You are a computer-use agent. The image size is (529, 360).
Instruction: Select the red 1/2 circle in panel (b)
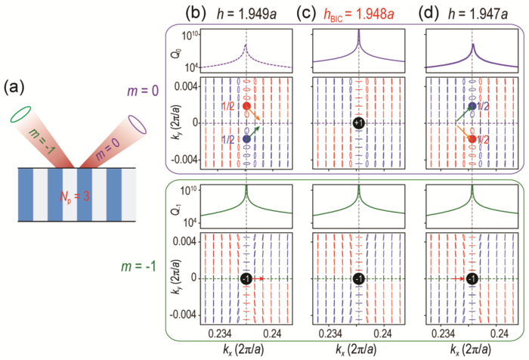click(247, 107)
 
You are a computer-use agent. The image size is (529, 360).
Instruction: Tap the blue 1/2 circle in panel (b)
click(247, 139)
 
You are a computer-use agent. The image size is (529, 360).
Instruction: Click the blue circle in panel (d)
click(472, 107)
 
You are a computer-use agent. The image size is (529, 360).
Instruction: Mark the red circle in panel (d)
click(472, 139)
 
